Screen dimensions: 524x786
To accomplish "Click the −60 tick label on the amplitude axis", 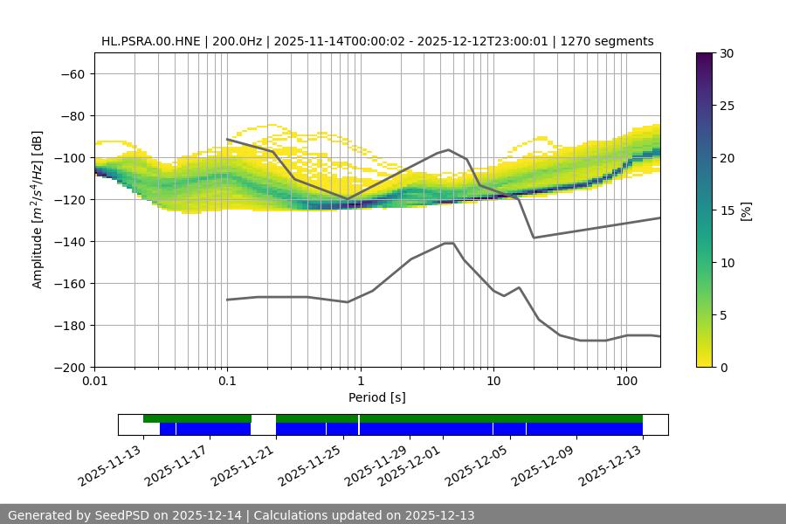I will (x=71, y=73).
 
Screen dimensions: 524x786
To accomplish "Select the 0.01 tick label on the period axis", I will (x=94, y=382).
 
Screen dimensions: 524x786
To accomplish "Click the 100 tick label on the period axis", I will (x=625, y=382).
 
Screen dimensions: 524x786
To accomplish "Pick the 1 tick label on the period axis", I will (x=360, y=382).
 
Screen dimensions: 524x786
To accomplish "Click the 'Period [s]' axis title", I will (x=377, y=397).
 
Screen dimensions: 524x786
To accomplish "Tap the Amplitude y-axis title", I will (x=38, y=210).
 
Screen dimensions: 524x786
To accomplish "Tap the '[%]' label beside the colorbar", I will (x=746, y=210).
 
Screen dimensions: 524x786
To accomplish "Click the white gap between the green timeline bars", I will (x=263, y=419).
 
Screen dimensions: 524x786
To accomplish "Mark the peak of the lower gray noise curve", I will (x=449, y=243).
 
